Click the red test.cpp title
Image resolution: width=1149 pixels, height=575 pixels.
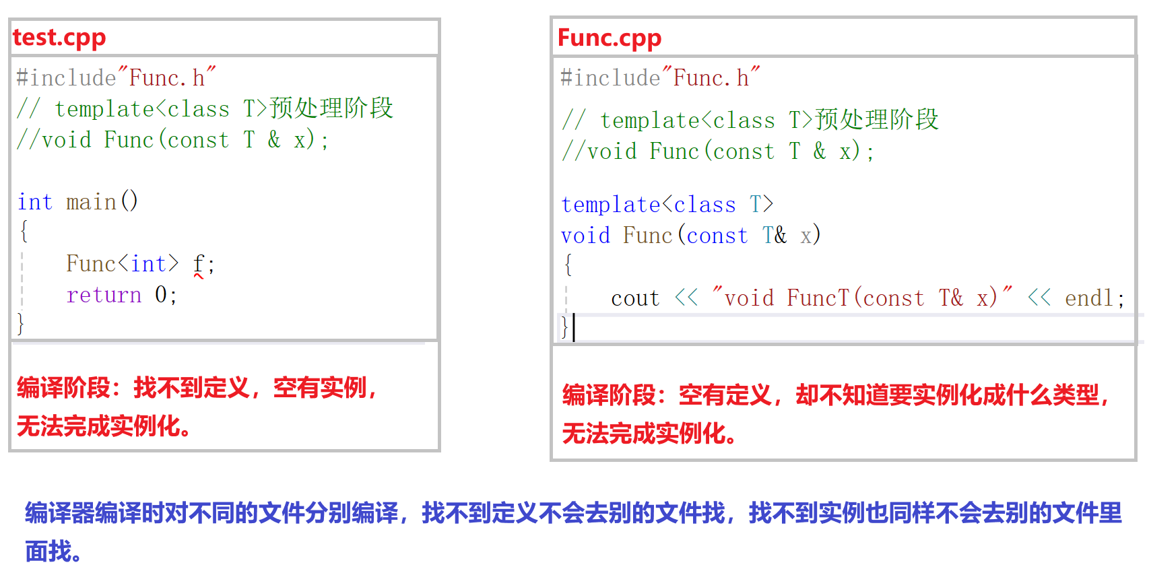(x=59, y=38)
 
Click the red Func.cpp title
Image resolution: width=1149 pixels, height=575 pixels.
(x=610, y=38)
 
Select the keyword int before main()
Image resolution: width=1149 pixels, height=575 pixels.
(x=35, y=201)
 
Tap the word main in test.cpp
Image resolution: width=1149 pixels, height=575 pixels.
(x=92, y=201)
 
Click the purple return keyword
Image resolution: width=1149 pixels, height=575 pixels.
(x=104, y=295)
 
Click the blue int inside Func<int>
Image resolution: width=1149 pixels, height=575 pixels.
(x=148, y=264)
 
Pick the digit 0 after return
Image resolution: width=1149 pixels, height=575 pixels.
(x=160, y=295)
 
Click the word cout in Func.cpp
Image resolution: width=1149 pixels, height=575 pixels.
(x=635, y=298)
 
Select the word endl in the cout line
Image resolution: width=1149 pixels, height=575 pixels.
(x=1089, y=298)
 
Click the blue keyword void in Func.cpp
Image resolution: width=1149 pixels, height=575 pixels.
(x=585, y=236)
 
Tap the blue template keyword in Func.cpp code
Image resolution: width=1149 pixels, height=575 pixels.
(x=610, y=205)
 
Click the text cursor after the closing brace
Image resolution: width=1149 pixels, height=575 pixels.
(x=574, y=327)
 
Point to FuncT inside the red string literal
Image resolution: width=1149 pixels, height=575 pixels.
(x=818, y=298)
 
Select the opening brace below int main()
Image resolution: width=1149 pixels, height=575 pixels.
(x=24, y=232)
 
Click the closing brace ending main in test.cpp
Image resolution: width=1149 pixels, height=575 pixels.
(x=21, y=324)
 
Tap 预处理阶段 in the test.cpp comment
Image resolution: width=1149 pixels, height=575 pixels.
(x=331, y=108)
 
